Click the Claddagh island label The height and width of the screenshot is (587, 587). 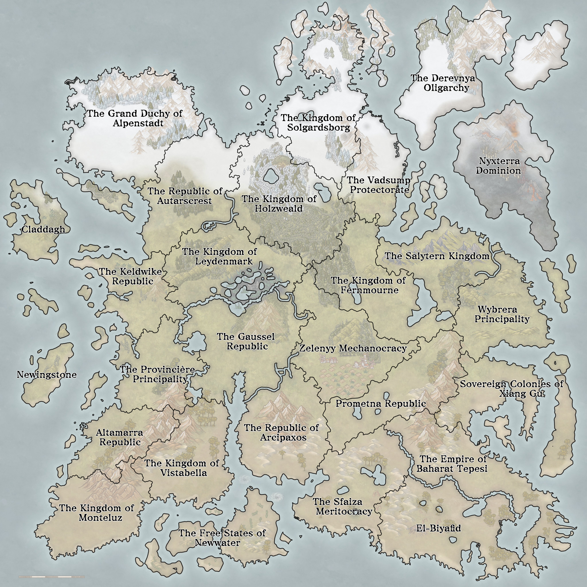[x=43, y=229]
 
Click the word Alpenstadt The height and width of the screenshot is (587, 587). [x=138, y=123]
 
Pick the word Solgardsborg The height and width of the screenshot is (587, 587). [x=318, y=128]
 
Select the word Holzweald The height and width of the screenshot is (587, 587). [x=279, y=209]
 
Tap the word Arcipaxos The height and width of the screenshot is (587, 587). [x=283, y=438]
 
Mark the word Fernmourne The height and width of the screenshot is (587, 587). [x=369, y=290]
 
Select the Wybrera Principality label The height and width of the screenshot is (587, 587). [x=502, y=314]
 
